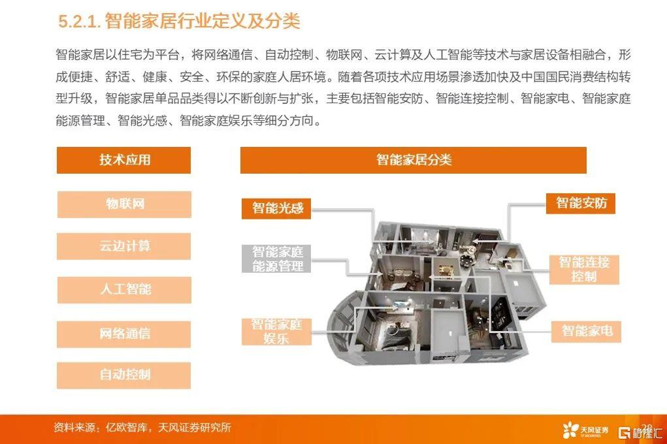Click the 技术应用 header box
123,160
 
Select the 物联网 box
124,204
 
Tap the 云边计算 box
123,246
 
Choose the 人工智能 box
124,290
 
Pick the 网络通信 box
123,334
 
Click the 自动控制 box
123,375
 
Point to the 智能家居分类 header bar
414,160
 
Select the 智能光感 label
276,208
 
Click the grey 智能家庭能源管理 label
276,259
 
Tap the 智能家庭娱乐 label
276,331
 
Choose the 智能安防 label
581,203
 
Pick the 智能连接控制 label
584,270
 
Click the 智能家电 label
586,331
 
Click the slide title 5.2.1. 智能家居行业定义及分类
179,22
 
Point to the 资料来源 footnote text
142,428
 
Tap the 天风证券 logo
585,430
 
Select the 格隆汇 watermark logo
640,432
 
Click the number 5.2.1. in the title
79,22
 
